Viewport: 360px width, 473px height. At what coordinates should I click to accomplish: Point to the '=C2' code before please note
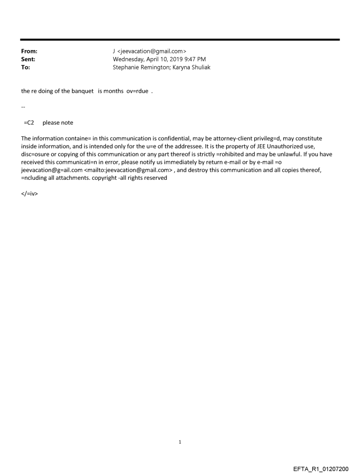pos(29,123)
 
